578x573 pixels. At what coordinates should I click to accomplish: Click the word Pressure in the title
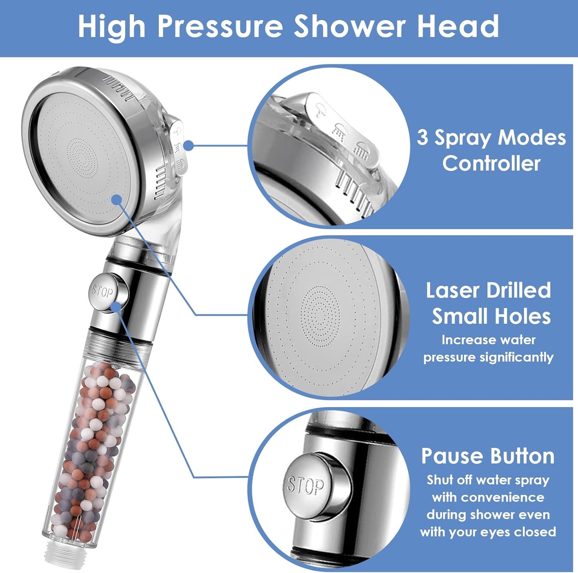(x=220, y=26)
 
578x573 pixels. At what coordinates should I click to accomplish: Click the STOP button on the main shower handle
(x=104, y=292)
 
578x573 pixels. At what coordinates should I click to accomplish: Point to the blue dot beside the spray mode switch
(x=188, y=146)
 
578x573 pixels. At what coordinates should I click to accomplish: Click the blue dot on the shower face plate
(x=116, y=200)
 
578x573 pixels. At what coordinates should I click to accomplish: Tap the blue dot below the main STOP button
(x=115, y=307)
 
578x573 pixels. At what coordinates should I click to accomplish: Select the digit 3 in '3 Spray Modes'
(x=422, y=137)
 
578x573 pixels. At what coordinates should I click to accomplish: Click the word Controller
(x=491, y=163)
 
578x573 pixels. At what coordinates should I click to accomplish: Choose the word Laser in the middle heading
(x=452, y=290)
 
